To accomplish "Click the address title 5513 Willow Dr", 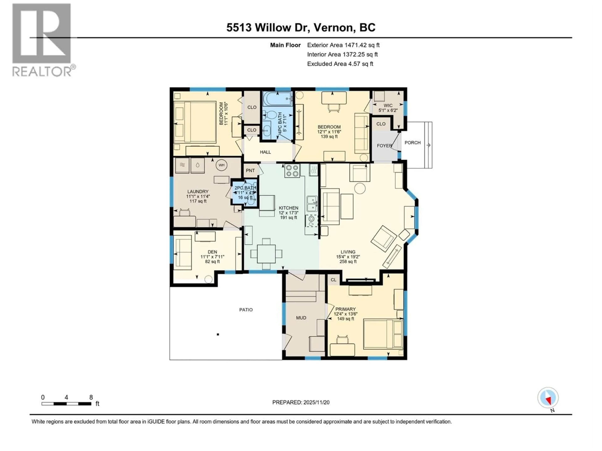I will click(301, 27).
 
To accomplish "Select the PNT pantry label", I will click(250, 170).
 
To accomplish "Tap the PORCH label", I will click(412, 143).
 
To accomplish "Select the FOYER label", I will click(384, 146).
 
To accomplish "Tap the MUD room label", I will click(301, 318).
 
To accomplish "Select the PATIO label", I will click(246, 310).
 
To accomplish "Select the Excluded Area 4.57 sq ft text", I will click(340, 64).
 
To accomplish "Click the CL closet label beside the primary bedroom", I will click(333, 280).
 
